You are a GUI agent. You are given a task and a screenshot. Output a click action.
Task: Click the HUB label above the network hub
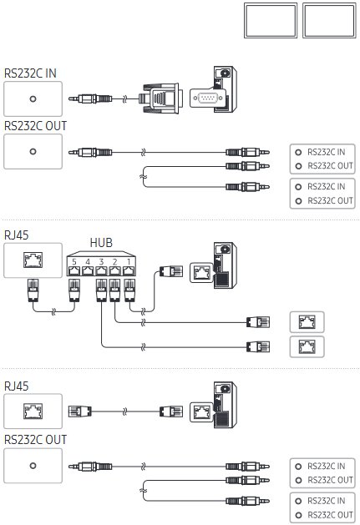click(x=101, y=243)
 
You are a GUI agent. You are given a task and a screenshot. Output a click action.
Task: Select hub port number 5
click(x=74, y=270)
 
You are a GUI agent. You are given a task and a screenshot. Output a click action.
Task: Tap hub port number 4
click(x=88, y=270)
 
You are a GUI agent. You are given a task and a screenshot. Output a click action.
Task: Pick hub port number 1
click(x=129, y=270)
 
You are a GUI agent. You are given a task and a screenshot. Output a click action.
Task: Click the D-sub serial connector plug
click(x=161, y=98)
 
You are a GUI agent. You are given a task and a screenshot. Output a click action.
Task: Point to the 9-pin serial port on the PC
click(x=208, y=98)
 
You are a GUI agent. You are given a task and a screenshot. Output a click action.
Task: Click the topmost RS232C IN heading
click(x=30, y=73)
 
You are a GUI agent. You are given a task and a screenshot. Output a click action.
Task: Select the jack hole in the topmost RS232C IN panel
click(x=33, y=99)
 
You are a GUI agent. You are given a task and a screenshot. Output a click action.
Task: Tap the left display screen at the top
click(x=271, y=20)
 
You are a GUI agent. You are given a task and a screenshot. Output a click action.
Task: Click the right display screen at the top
click(x=329, y=20)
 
